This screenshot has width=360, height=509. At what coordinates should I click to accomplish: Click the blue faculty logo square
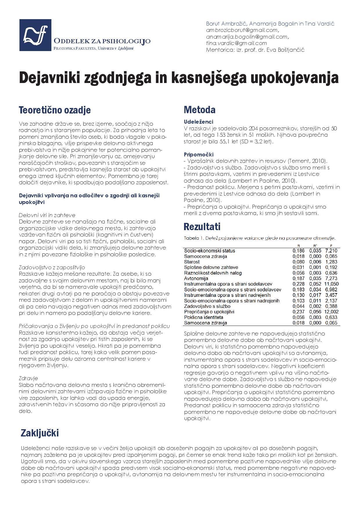coord(35,35)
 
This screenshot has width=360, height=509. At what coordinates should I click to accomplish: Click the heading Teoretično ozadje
coord(55,110)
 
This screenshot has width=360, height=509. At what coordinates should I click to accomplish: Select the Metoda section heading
coord(199,110)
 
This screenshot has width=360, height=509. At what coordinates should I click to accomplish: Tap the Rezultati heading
coord(202,226)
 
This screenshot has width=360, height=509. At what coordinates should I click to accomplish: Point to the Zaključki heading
coord(39,433)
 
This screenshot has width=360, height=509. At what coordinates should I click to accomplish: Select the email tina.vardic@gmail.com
coord(236,43)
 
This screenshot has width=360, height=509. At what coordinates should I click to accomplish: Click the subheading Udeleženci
coord(198,122)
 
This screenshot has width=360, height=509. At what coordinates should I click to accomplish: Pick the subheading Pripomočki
coord(199,154)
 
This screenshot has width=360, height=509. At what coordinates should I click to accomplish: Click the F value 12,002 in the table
coord(332,312)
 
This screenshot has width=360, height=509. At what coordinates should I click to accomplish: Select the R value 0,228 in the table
coord(299,284)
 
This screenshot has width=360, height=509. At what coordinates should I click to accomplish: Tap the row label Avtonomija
coord(197,278)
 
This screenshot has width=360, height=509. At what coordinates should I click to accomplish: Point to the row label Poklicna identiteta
coord(204,317)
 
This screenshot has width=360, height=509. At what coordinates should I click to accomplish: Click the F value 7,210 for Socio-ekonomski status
coord(331,251)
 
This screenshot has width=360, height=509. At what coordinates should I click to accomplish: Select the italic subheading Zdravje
coord(28,378)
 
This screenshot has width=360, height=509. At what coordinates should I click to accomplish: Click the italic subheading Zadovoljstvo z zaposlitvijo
coord(52,267)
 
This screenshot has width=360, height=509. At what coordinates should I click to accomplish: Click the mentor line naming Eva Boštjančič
coord(255,50)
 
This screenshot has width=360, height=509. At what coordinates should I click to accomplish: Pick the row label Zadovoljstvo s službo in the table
coord(207,306)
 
